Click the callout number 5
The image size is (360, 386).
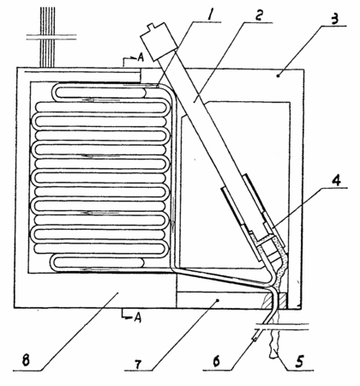pos(299,361)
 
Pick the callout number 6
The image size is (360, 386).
pos(216,361)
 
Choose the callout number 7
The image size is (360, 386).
pos(138,364)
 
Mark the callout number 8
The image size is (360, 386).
pos(26,360)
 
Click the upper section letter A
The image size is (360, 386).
pos(140,57)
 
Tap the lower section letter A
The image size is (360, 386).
pos(138,317)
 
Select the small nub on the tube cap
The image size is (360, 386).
pos(153,27)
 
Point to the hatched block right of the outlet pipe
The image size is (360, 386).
pos(281,301)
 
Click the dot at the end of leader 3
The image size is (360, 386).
pos(279,75)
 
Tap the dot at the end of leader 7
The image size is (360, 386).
pos(218,300)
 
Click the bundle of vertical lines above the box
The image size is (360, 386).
pos(47,37)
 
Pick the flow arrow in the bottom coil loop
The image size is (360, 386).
pos(100,269)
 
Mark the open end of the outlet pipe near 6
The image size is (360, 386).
pos(254,339)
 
